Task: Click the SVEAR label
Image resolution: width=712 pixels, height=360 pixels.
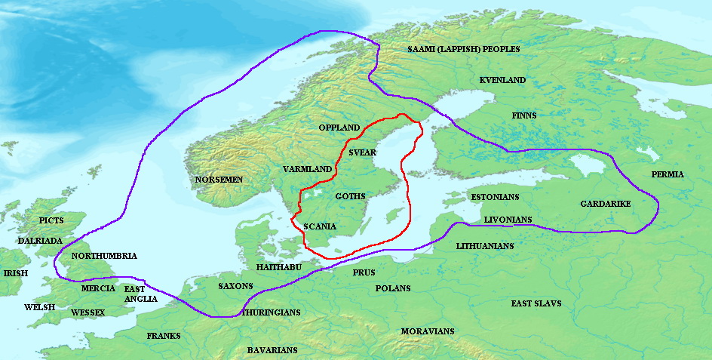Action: coord(362,152)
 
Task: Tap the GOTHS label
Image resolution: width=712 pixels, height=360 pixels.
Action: coord(350,196)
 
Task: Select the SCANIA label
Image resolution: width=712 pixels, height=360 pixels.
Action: coord(320,226)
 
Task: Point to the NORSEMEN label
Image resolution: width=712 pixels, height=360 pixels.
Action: coord(219,180)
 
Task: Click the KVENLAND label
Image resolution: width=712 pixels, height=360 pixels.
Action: coord(502,80)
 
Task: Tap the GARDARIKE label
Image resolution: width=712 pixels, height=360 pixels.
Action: coord(606,205)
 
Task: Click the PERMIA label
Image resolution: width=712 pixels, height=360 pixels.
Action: coord(667,174)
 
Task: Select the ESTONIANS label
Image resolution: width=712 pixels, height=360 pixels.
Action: coord(495,197)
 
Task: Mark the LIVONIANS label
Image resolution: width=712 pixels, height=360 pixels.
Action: coord(508,220)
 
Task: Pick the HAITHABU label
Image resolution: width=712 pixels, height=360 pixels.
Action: coord(279,267)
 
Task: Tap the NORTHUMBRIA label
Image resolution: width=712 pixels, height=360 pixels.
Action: coord(104,256)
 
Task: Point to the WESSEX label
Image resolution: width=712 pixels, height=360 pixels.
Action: coord(87,312)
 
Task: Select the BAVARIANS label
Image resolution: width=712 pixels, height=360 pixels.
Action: coord(272,350)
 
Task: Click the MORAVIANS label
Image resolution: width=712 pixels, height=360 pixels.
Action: coord(428,331)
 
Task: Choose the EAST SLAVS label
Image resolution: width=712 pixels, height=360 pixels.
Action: coord(536,303)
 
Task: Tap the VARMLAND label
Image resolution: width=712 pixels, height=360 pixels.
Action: coord(307,169)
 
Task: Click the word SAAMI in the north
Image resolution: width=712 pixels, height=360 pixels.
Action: coord(424,49)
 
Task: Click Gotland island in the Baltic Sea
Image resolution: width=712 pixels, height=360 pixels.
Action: coord(391,216)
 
